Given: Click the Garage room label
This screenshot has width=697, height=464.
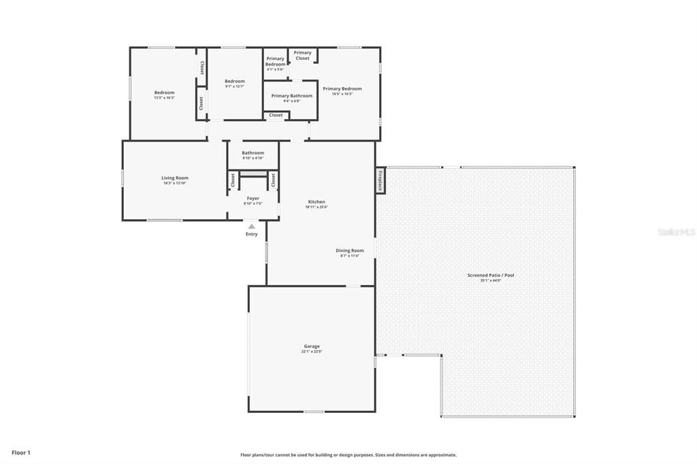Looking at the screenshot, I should coord(311,346).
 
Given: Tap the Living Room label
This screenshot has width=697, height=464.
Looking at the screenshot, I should coord(175,178).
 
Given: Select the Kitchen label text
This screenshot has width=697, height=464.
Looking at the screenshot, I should coord(317,202).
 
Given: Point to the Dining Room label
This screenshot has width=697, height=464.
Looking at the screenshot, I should coord(349,250).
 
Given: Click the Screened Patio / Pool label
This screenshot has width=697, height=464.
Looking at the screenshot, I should coord(490,276).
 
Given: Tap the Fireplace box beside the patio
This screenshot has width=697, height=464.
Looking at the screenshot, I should coord(380,181).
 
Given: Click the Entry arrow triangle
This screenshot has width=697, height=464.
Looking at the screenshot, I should coord(252,227).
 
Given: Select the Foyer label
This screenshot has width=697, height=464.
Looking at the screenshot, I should coord(253,199).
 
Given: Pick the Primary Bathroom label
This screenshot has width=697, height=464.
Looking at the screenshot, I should coord(291,96).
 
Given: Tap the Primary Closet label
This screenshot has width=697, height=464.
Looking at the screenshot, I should coord(302,55).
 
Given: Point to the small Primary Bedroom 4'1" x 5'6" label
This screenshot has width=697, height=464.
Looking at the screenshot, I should coord(275,62).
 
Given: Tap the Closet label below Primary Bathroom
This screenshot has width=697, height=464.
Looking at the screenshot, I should coord(276,116).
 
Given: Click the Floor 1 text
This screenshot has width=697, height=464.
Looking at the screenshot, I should coord(20,452).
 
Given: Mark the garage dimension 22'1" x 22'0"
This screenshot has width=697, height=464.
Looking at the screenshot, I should coord(311,352).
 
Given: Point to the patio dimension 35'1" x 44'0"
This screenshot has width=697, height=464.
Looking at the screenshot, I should coord(490,280).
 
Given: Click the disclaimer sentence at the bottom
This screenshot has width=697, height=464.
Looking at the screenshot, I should coord(348,455).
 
